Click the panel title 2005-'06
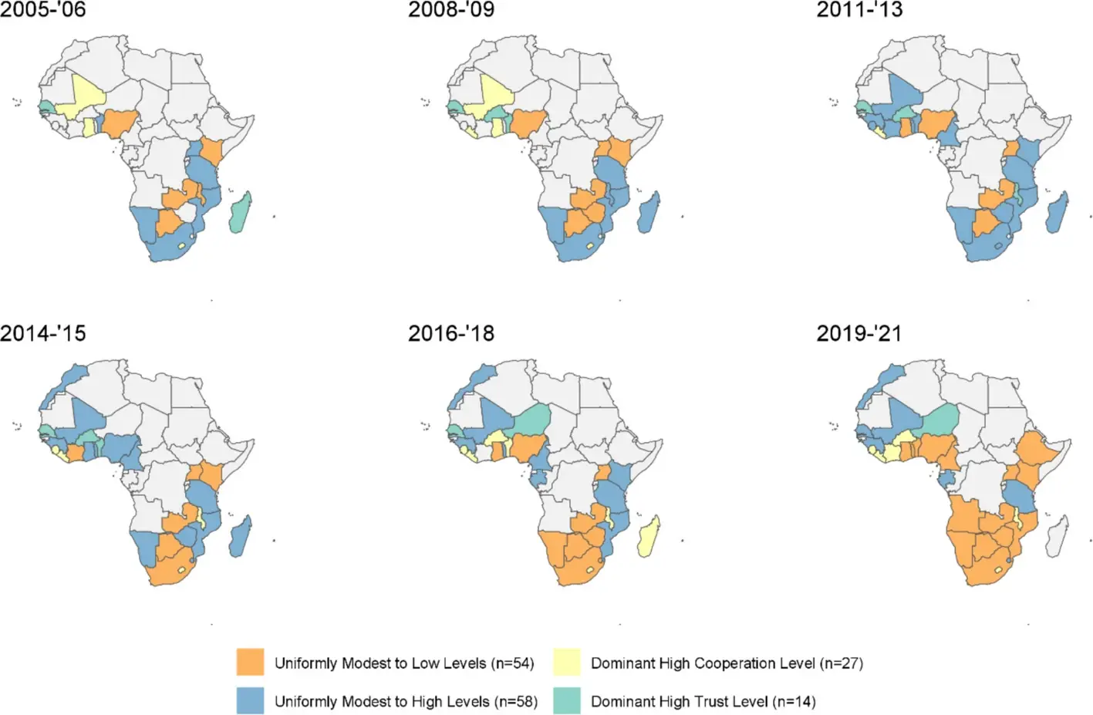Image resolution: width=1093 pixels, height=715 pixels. (42, 10)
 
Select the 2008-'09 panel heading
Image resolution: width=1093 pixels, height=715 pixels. (451, 10)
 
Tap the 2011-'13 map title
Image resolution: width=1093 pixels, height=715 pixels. (859, 10)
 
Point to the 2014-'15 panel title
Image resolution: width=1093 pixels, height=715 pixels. (42, 333)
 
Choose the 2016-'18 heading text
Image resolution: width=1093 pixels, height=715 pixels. (451, 333)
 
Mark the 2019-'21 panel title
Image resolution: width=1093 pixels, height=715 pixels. (859, 333)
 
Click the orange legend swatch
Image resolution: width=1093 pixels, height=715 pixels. (250, 663)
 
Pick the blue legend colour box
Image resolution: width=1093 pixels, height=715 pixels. (250, 701)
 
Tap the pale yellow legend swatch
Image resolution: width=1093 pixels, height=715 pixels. (566, 663)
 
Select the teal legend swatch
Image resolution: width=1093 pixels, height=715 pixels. (566, 701)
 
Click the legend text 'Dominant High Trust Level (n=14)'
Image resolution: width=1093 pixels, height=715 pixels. (703, 701)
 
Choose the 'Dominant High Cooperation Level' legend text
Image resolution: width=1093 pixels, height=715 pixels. (727, 663)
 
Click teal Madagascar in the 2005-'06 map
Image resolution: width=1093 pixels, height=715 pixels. (241, 213)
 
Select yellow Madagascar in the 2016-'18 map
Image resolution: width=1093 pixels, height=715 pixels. (650, 537)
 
